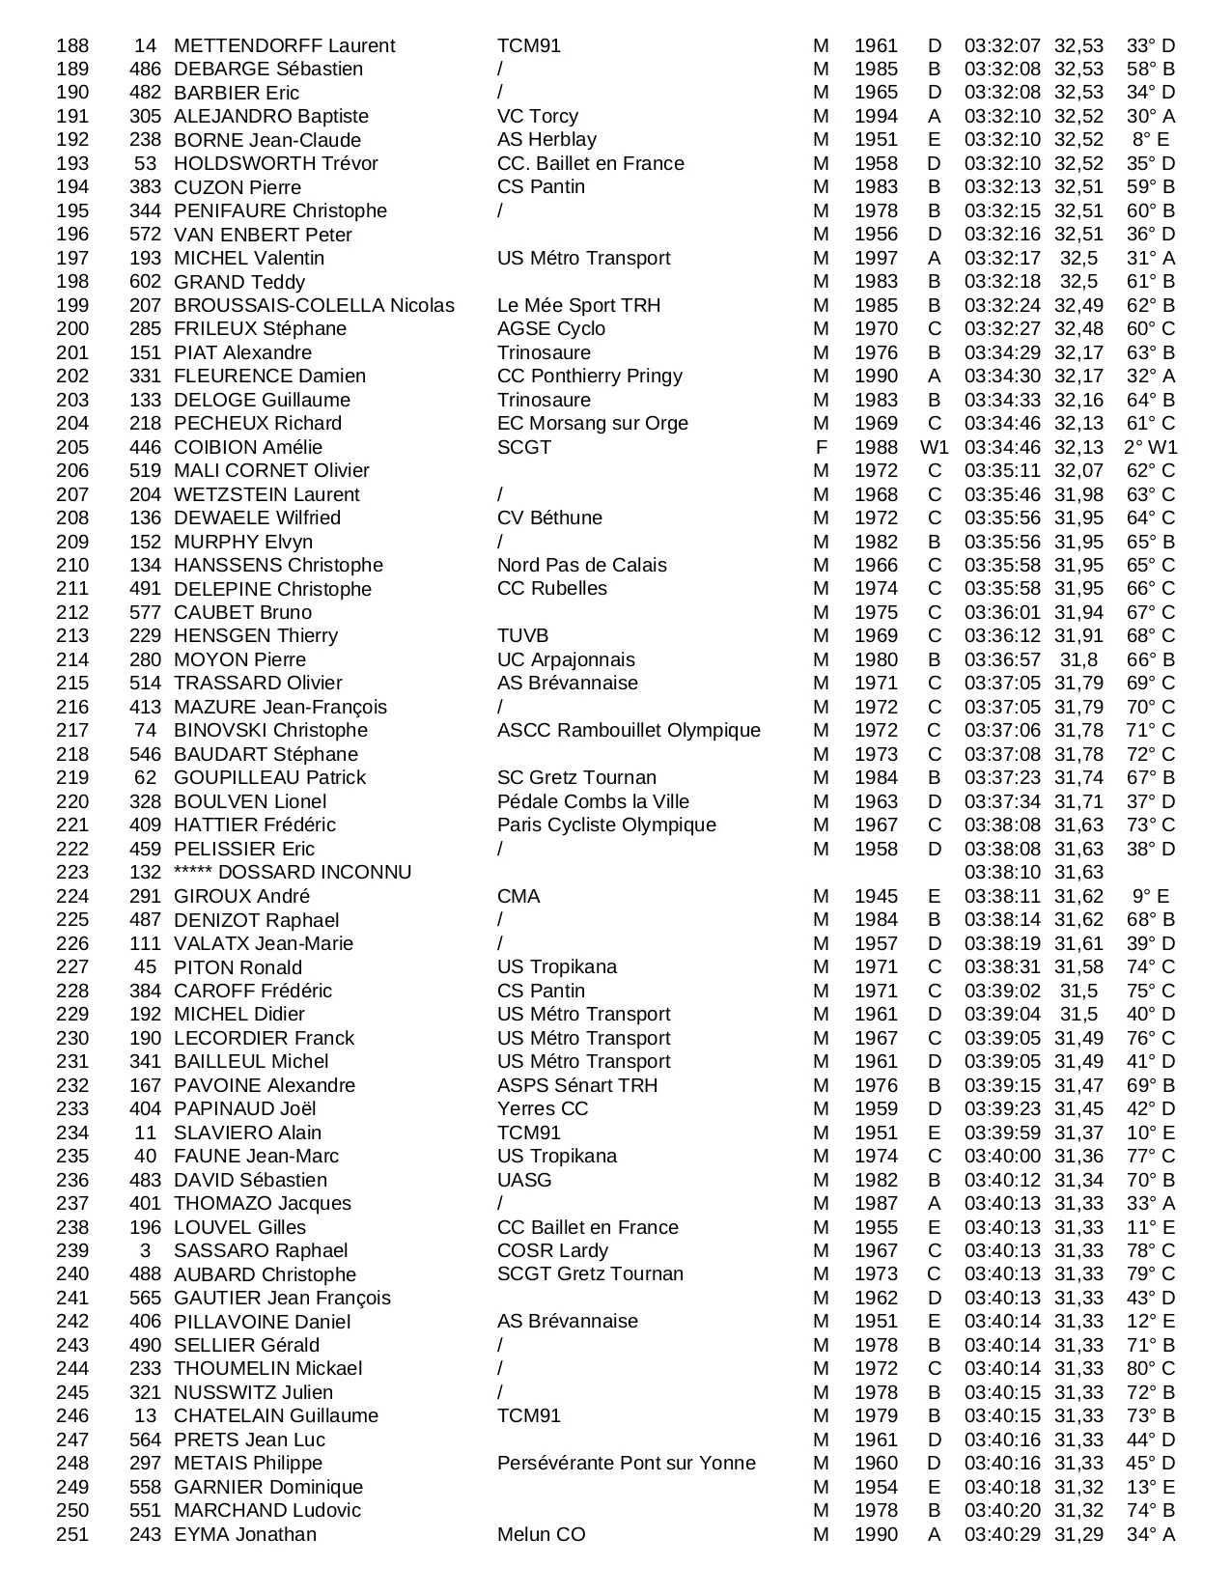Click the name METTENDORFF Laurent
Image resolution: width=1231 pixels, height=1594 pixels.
tap(284, 45)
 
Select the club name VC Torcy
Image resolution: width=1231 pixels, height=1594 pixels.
tap(537, 116)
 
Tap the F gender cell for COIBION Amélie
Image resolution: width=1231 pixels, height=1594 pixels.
tap(821, 447)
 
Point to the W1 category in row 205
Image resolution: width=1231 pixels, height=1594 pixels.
tap(934, 447)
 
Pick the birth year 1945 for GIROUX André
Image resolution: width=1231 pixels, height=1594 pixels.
tap(876, 896)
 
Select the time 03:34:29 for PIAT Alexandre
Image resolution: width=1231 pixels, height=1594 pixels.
tap(1002, 352)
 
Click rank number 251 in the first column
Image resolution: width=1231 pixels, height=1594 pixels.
tap(72, 1534)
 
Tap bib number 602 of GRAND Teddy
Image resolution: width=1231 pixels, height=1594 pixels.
tap(145, 282)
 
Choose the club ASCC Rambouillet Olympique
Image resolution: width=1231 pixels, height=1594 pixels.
tap(629, 731)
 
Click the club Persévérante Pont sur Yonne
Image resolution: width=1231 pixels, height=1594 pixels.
tap(626, 1463)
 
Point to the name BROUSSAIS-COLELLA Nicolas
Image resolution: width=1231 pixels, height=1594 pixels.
tap(314, 305)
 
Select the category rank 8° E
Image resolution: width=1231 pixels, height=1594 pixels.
tap(1150, 140)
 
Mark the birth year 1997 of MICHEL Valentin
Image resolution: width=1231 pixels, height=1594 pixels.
tap(876, 258)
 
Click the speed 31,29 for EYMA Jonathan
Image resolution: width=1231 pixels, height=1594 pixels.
tap(1078, 1534)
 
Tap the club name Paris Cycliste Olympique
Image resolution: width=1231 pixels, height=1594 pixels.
tap(606, 825)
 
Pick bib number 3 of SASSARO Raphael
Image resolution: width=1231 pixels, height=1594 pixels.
tap(145, 1250)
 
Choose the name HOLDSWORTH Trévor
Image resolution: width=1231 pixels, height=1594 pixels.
tap(275, 163)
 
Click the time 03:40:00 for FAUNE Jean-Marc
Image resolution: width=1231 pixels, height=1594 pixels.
tap(1002, 1156)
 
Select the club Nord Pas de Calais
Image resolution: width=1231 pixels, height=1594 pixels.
tap(581, 565)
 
